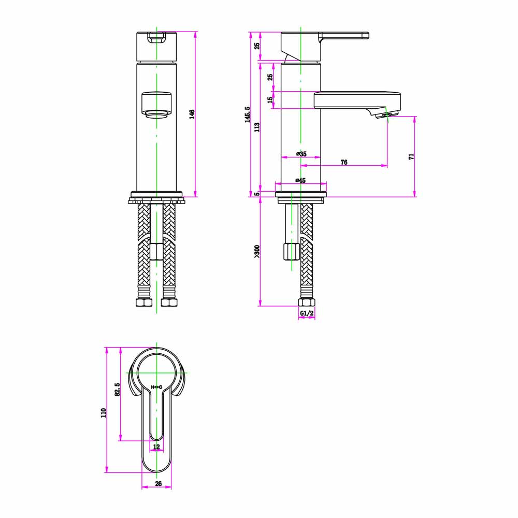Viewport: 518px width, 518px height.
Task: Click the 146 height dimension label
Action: pos(191,114)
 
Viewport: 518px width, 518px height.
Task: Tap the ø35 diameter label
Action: pos(301,154)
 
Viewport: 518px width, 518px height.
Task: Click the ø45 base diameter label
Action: pos(300,180)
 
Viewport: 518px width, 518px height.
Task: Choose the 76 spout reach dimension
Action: pos(343,162)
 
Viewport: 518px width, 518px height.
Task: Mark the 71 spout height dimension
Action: pos(411,156)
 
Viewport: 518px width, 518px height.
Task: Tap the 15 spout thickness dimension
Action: pos(270,100)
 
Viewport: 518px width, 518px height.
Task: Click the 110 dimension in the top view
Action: pos(103,412)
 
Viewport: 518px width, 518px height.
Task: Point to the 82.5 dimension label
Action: pos(117,390)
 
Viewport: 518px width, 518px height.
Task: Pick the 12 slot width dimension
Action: pos(156,447)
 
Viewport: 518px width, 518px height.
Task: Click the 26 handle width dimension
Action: pos(158,484)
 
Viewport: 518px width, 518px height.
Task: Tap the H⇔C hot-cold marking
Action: pos(156,387)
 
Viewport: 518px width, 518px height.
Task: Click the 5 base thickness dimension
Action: pos(257,194)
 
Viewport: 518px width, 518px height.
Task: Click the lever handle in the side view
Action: pos(344,36)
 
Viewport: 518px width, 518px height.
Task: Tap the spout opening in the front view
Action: pos(156,113)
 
